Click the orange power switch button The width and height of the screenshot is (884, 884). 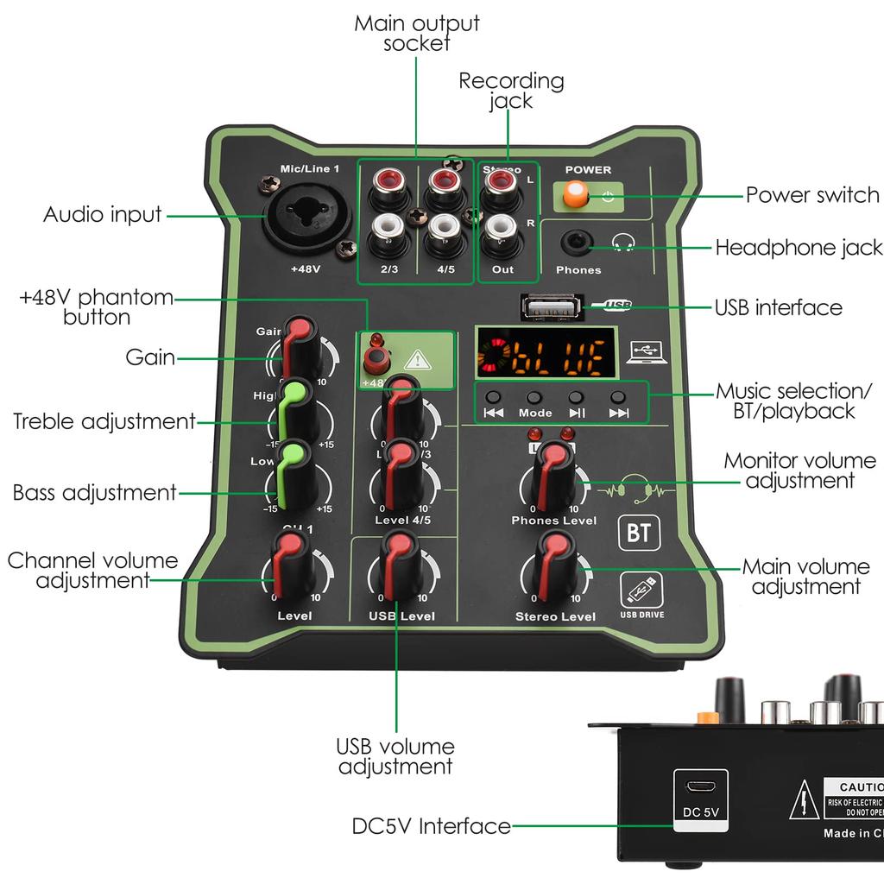tap(575, 194)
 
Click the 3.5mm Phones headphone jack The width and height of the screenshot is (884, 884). tap(577, 243)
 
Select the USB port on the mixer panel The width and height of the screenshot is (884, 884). tap(548, 306)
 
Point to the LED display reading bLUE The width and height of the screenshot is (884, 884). tap(546, 352)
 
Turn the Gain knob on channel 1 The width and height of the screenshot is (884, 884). tap(300, 346)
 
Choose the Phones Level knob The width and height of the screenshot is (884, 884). tap(554, 476)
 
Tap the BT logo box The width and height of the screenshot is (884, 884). tap(639, 534)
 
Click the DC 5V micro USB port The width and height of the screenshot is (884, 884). tap(699, 787)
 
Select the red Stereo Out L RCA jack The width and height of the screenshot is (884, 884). tap(499, 184)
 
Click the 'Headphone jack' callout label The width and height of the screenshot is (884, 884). tap(799, 249)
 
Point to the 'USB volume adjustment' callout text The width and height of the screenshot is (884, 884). tap(395, 756)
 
